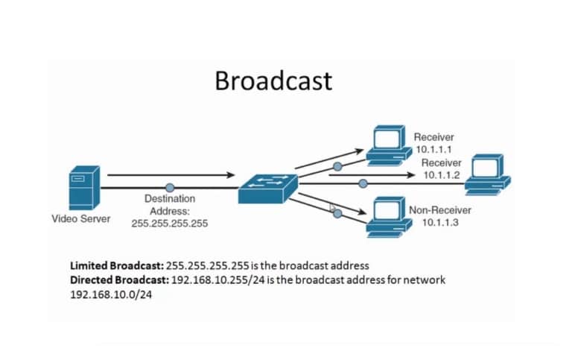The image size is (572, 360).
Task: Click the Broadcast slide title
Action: point(273,80)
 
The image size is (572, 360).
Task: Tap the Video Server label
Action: point(80,219)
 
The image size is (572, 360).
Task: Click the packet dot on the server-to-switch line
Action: point(170,187)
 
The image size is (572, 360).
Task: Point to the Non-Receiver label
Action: point(439,211)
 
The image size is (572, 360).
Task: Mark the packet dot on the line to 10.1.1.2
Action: point(363,183)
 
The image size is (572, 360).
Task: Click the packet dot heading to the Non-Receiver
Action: point(337,213)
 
